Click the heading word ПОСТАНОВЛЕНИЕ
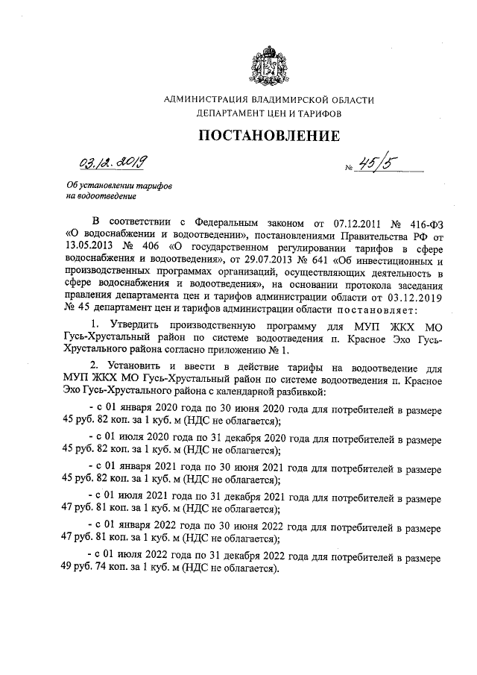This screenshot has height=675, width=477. pos(269,136)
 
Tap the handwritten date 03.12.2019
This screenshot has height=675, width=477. pos(113,163)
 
